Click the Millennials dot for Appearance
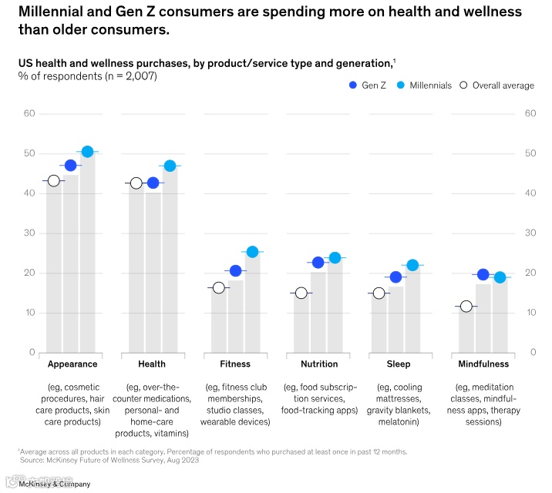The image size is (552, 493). (87, 152)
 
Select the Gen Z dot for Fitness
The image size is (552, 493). (236, 270)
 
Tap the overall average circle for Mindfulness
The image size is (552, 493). (466, 306)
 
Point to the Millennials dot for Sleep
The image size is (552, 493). (412, 265)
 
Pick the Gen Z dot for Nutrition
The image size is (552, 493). (318, 263)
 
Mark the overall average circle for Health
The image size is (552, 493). (136, 183)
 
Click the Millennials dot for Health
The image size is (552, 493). (170, 166)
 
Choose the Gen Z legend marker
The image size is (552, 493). (352, 85)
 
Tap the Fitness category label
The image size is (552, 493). (235, 364)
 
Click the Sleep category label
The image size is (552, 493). (399, 364)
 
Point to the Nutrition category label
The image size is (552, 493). (319, 364)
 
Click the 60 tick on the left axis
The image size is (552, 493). (30, 113)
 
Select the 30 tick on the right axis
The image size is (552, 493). (530, 233)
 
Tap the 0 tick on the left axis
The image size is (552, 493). (32, 352)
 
